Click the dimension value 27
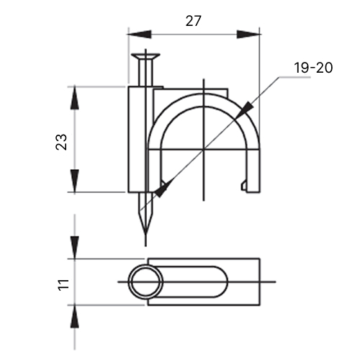click(193, 21)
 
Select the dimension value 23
click(61, 142)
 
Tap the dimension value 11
click(63, 285)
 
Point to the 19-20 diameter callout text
click(313, 68)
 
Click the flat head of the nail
click(145, 57)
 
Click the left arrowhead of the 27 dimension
click(139, 35)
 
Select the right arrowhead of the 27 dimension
click(248, 35)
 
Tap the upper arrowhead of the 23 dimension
click(75, 98)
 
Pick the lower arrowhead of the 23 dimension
click(75, 181)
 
